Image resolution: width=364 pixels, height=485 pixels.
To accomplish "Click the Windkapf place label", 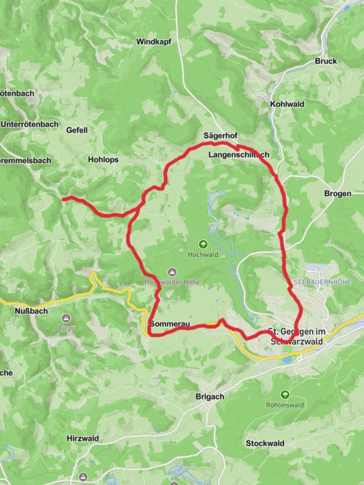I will pyautogui.click(x=154, y=42).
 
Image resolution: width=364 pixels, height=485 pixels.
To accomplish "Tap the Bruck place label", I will pyautogui.click(x=326, y=61).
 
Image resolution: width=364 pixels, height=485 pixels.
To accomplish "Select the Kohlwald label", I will pyautogui.click(x=287, y=104).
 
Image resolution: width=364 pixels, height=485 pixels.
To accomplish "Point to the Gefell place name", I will pyautogui.click(x=77, y=130).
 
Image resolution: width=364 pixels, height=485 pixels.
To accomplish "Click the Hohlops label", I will pyautogui.click(x=103, y=159).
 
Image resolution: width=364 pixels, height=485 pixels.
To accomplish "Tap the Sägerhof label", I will pyautogui.click(x=220, y=136).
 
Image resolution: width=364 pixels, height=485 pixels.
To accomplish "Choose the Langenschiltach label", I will pyautogui.click(x=239, y=155).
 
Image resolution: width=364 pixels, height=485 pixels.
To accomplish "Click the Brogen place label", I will pyautogui.click(x=338, y=194).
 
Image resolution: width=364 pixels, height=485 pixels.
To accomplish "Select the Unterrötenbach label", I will pyautogui.click(x=30, y=124).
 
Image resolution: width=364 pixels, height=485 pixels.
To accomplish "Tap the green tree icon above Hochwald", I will pyautogui.click(x=203, y=244).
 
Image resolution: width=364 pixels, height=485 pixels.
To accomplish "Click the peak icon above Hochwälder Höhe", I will pyautogui.click(x=172, y=272).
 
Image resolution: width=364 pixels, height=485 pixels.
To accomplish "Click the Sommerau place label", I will pyautogui.click(x=170, y=324).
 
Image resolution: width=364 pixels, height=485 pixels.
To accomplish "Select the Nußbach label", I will pyautogui.click(x=31, y=311).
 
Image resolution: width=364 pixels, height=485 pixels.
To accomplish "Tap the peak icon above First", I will pyautogui.click(x=66, y=318).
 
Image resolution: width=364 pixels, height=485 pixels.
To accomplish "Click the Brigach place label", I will pyautogui.click(x=210, y=397).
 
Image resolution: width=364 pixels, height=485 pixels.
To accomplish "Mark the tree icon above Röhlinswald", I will pyautogui.click(x=284, y=395).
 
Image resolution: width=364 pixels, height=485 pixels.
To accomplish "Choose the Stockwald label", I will pyautogui.click(x=265, y=444).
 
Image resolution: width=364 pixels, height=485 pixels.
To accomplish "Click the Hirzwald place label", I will pyautogui.click(x=83, y=438).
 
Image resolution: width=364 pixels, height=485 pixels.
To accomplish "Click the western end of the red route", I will pyautogui.click(x=63, y=198).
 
